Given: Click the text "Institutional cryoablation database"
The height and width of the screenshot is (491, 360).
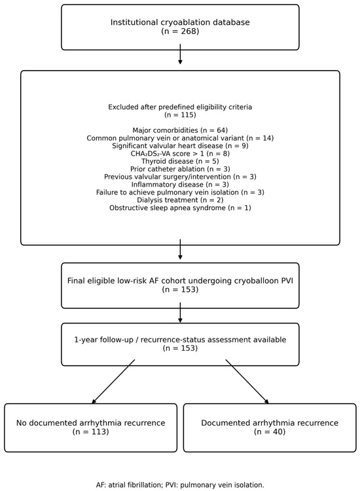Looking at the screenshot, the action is [x=180, y=22].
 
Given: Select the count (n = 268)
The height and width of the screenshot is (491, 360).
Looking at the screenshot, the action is [x=180, y=31].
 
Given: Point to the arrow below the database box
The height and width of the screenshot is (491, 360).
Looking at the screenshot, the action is [x=180, y=54].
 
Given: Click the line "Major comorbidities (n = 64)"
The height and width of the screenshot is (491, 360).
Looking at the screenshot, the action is [x=180, y=130].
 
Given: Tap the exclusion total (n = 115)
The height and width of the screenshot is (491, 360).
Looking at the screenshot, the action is [x=180, y=115].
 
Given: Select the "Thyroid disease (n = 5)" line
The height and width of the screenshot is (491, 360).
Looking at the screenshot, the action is [x=180, y=161].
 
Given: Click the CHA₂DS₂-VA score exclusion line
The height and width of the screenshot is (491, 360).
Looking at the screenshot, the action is [x=180, y=154].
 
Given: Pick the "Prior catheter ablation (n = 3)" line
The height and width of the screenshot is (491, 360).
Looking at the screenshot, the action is [x=180, y=169].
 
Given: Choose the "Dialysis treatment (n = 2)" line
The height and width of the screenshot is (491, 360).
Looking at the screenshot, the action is [x=180, y=200].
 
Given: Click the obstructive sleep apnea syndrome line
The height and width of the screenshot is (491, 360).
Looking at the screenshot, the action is [x=180, y=208].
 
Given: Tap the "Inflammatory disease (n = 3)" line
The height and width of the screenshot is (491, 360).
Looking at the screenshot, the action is [x=180, y=185].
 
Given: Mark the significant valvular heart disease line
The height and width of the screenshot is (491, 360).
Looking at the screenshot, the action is [x=180, y=146].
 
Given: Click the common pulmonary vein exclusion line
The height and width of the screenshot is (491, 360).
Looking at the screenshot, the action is [x=180, y=138].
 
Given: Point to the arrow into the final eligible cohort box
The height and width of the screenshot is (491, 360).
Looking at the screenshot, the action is [x=180, y=249].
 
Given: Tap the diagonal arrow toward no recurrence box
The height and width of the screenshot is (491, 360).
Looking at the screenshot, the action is [x=113, y=382].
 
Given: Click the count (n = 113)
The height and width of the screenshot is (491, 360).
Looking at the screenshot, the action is [x=91, y=432].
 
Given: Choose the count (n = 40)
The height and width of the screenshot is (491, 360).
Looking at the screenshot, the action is [x=270, y=432].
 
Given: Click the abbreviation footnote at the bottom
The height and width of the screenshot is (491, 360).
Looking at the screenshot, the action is [x=180, y=485].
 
